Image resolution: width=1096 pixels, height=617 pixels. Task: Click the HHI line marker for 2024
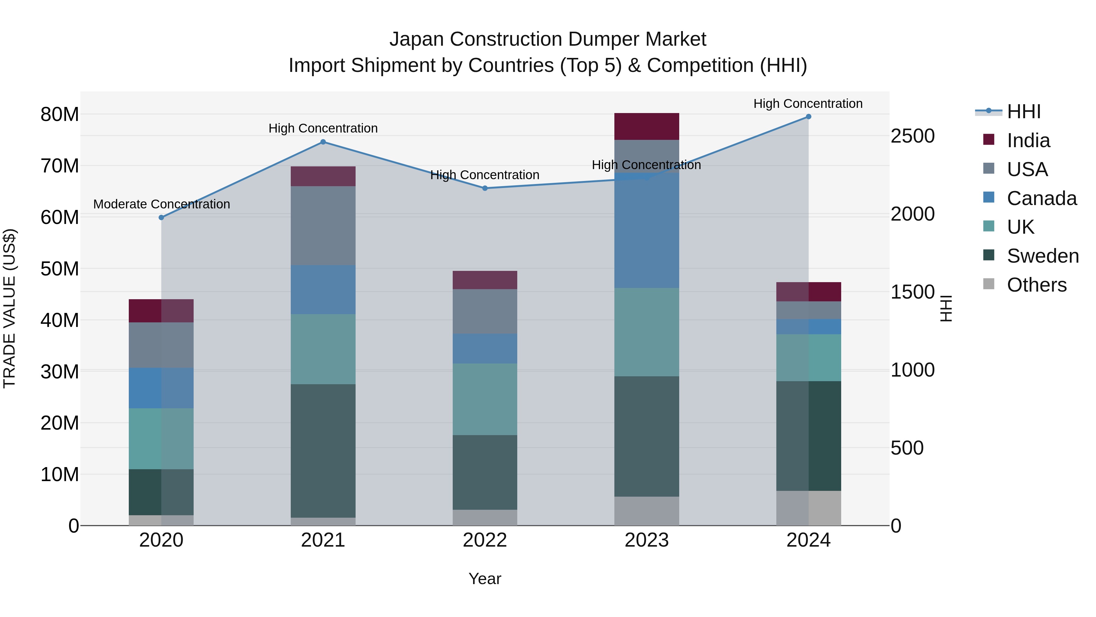pyautogui.click(x=808, y=117)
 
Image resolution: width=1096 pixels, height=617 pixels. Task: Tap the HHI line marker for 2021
pyautogui.click(x=323, y=142)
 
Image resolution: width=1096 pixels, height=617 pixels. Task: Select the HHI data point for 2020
pyautogui.click(x=161, y=218)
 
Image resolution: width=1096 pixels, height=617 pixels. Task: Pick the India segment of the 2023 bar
pyautogui.click(x=647, y=126)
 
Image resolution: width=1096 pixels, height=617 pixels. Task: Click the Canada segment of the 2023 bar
pyautogui.click(x=647, y=230)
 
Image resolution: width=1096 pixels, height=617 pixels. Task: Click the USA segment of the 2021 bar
pyautogui.click(x=323, y=226)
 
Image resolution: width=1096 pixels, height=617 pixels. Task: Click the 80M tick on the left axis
pyautogui.click(x=60, y=115)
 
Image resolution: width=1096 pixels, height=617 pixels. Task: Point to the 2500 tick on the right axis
pyautogui.click(x=913, y=136)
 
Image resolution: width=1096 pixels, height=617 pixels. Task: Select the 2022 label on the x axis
pyautogui.click(x=485, y=540)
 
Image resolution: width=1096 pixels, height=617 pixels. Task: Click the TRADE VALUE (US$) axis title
pyautogui.click(x=9, y=308)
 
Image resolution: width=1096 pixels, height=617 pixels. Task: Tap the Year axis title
pyautogui.click(x=485, y=579)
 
